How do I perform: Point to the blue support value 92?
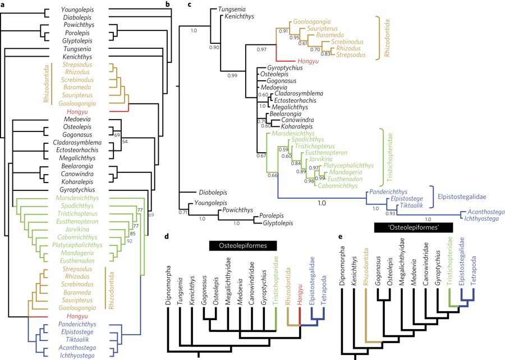(x=129, y=241)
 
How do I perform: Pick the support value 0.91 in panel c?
(x=283, y=31)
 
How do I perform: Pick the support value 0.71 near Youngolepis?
(x=182, y=213)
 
